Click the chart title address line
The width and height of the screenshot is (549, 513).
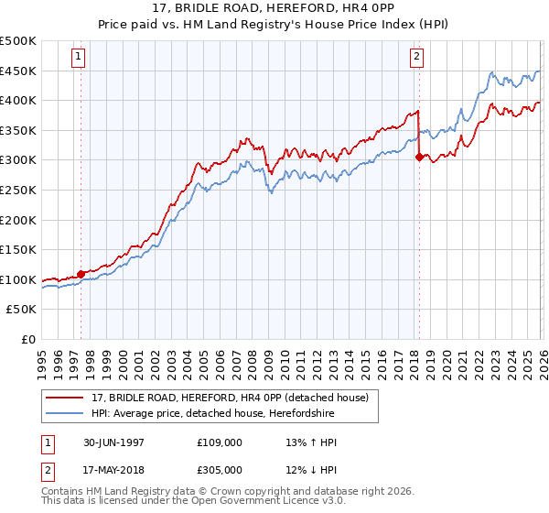coord(274,8)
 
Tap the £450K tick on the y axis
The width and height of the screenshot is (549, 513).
coord(18,71)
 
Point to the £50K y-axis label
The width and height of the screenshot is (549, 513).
coord(21,310)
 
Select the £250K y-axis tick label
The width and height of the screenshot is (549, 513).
coord(18,190)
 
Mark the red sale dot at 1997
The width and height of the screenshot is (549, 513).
coord(81,273)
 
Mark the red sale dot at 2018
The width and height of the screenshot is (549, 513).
coord(419,157)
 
